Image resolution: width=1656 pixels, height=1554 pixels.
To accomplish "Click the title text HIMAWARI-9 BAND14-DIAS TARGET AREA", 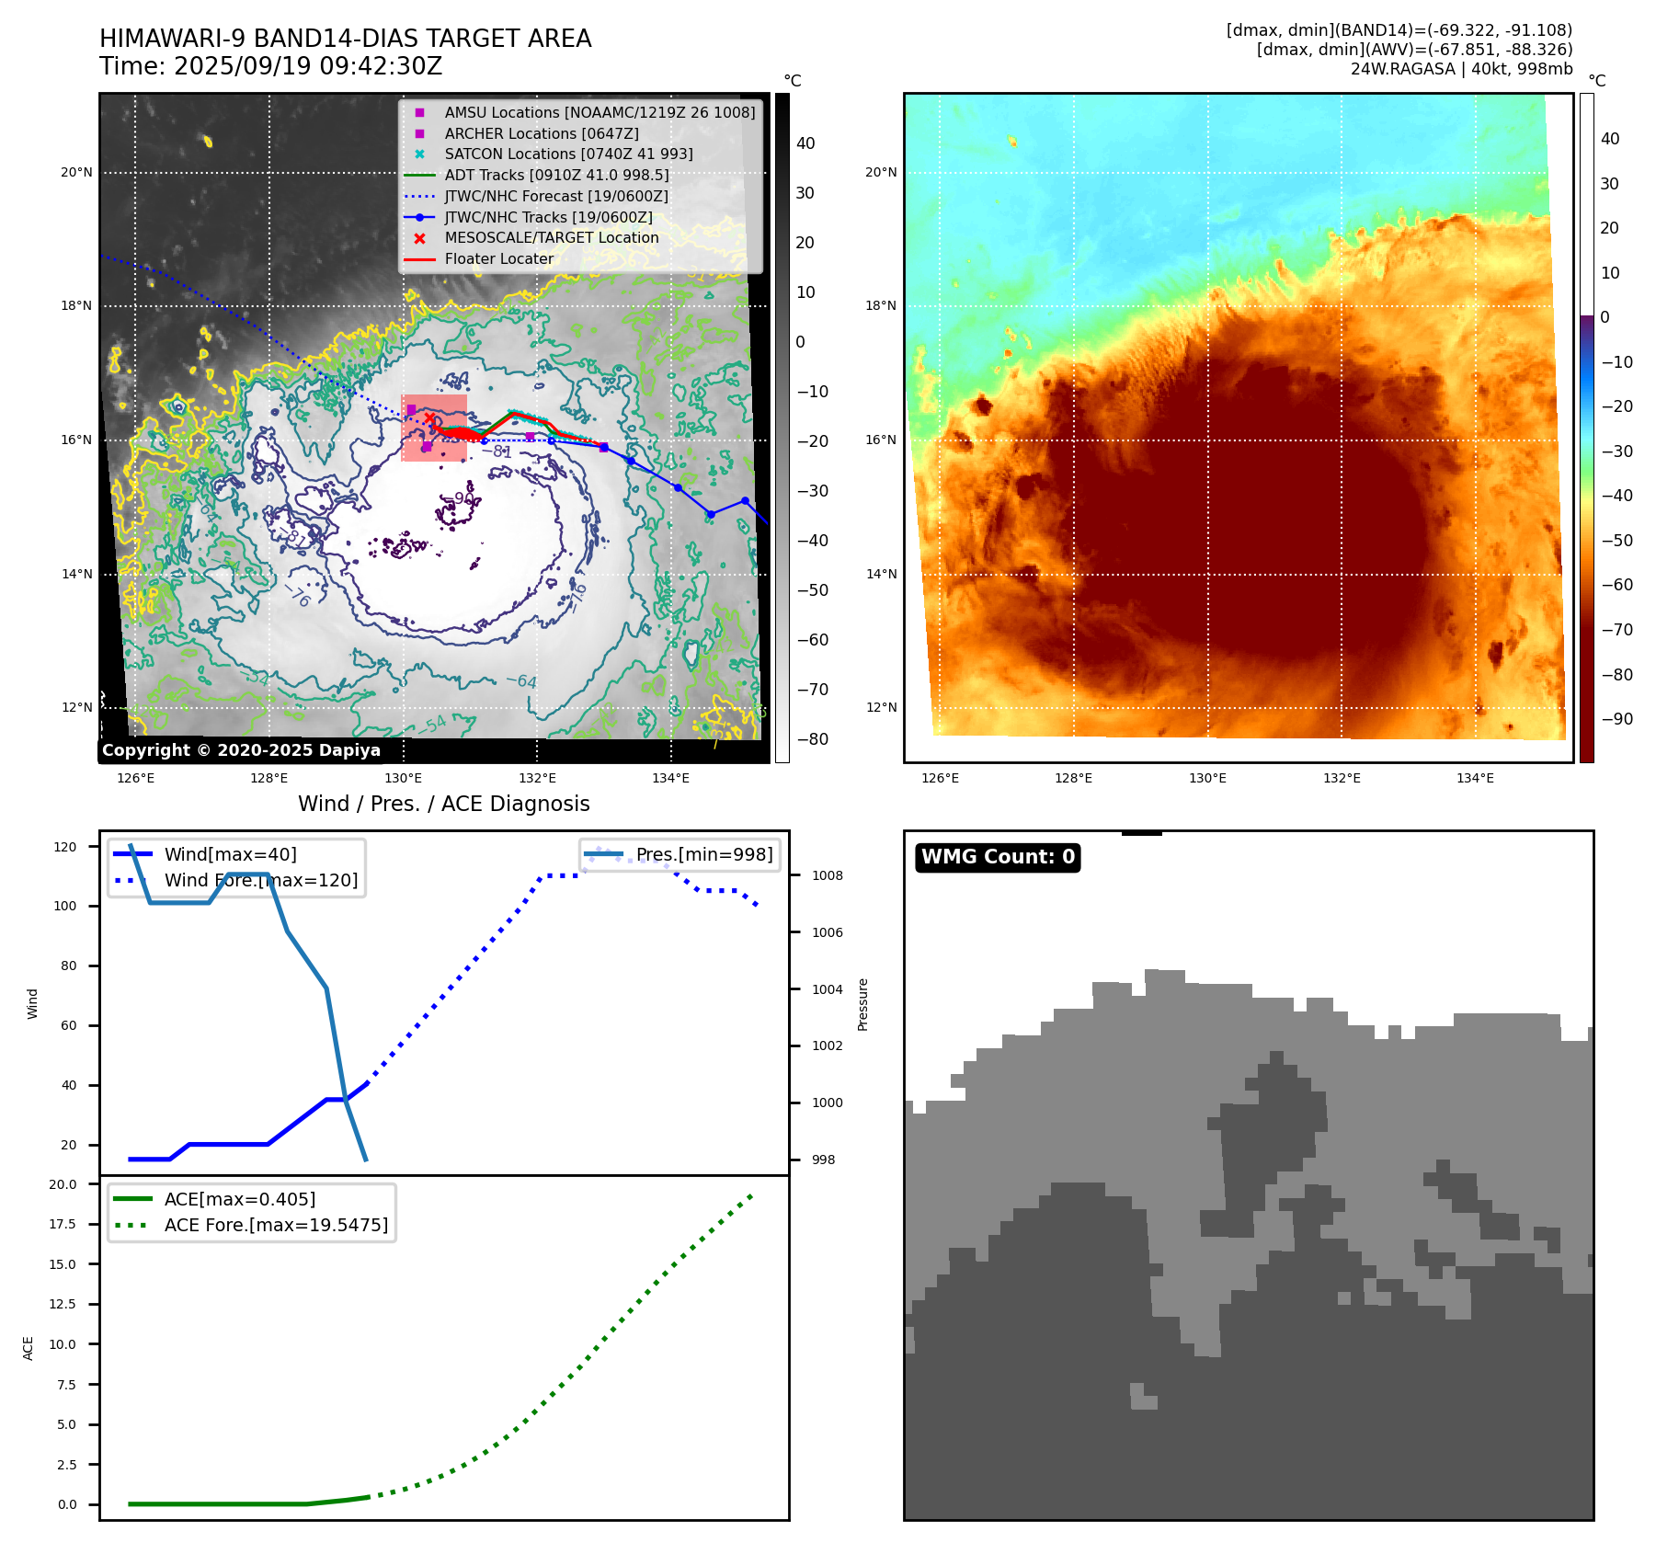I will [345, 39].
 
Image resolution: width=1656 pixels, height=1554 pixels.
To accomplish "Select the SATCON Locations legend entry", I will [567, 154].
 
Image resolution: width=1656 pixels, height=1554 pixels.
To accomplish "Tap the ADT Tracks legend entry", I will [556, 175].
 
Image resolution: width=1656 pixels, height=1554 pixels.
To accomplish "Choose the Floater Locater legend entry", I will [498, 259].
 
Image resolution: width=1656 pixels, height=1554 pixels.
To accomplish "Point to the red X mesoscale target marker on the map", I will [428, 418].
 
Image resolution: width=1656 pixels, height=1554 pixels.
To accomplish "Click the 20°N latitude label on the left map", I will [76, 172].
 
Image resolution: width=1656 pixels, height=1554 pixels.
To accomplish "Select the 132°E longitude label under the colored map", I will [1341, 779].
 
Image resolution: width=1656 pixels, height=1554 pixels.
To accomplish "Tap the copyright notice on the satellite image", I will [241, 750].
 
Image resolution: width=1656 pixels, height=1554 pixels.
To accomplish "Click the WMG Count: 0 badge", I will [998, 857].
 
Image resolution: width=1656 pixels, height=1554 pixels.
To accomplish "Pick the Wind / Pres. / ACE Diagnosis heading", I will [443, 804].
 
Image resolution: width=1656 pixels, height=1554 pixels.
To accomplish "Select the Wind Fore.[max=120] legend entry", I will [260, 880].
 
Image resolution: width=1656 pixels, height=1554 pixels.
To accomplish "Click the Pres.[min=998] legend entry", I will [703, 854].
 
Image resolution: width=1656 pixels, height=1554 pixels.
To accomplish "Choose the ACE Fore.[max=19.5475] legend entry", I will [275, 1225].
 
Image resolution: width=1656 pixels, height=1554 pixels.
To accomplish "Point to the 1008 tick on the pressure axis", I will [827, 875].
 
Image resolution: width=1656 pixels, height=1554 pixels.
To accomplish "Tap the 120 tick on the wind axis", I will [65, 847].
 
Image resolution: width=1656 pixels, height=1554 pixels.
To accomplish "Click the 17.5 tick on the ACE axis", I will [63, 1224].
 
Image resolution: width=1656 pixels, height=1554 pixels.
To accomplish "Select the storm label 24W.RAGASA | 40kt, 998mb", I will [1461, 69].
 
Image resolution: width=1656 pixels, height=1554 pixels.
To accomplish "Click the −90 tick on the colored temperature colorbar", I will [1616, 719].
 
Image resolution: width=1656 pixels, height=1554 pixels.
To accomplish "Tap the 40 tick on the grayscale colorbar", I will [805, 143].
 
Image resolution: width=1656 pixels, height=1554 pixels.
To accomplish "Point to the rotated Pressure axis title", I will [862, 1004].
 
